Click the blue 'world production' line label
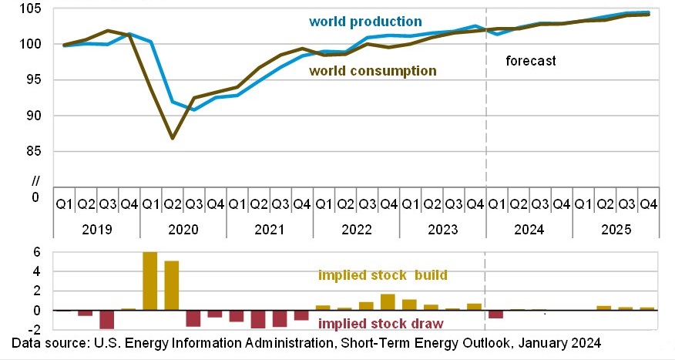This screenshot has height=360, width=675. point(365,22)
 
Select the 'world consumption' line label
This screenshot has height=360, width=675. point(372,71)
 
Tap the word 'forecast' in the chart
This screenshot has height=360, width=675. point(530,60)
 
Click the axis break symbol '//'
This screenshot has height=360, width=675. point(34,182)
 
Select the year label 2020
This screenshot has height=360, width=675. point(183,230)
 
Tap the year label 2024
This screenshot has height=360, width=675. point(529,230)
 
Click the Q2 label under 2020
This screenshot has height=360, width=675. point(173,204)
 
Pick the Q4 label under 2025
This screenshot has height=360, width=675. point(649,204)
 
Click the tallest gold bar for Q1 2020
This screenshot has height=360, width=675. point(150,281)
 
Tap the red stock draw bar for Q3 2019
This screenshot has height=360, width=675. point(107,319)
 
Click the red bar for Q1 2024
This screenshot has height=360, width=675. point(496,314)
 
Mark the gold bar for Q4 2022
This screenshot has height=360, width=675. point(388,302)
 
